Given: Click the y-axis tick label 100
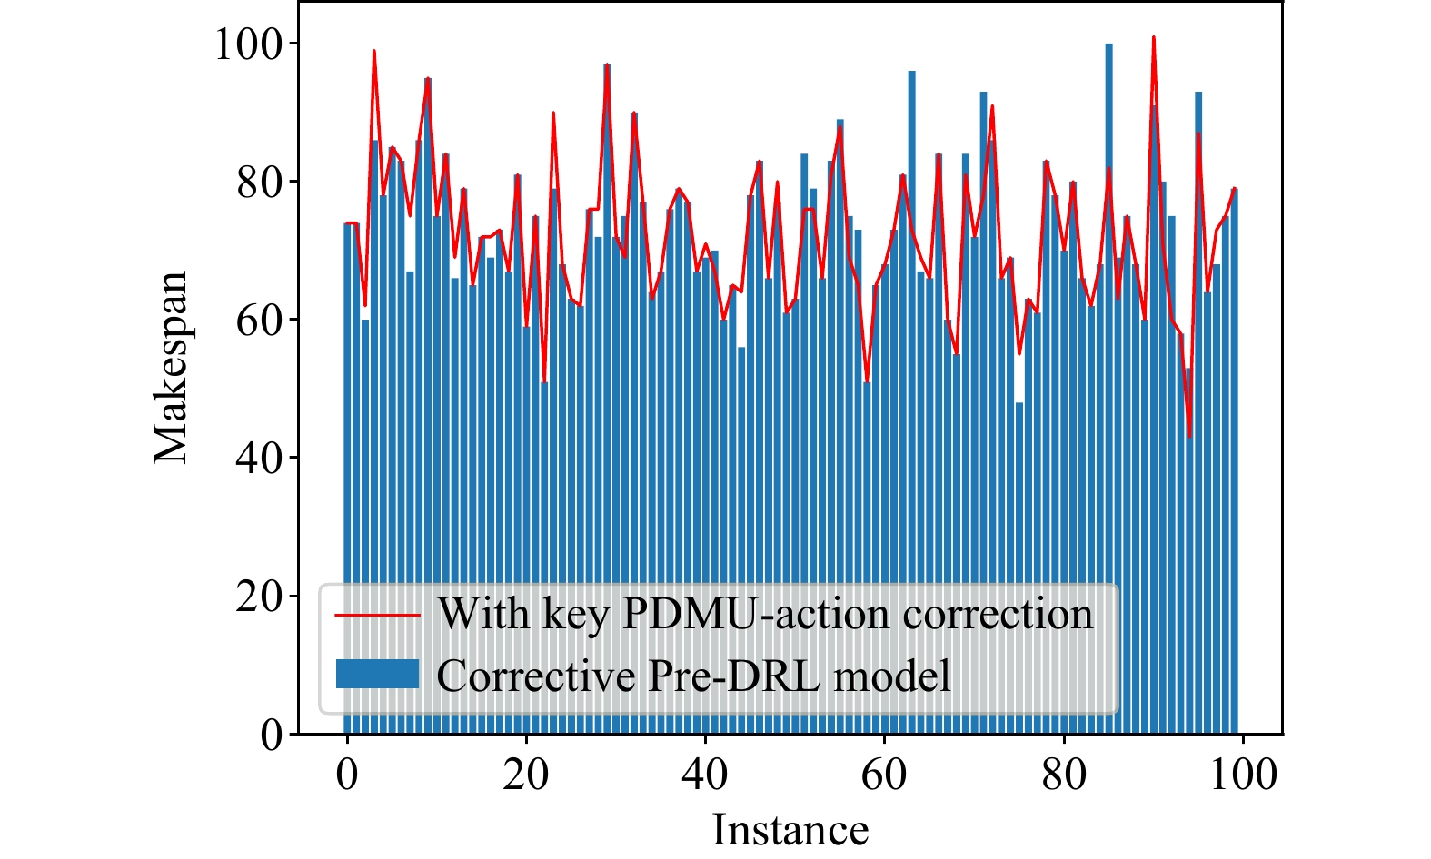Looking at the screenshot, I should click(x=247, y=44).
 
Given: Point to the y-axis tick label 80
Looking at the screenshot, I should click(x=259, y=183).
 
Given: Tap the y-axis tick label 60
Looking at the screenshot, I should click(x=259, y=321).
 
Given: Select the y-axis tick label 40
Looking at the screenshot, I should click(x=259, y=459).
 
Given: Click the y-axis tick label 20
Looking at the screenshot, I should click(x=259, y=597).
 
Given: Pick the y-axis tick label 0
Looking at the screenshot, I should click(x=272, y=735).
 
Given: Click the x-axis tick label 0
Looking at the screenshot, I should click(x=347, y=775).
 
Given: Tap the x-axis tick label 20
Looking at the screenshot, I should click(x=526, y=775).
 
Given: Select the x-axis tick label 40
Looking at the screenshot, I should click(x=705, y=775).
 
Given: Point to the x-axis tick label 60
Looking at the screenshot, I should click(x=884, y=775).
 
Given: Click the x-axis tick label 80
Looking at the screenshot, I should click(x=1063, y=775).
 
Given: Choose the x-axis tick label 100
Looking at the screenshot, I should click(x=1243, y=775).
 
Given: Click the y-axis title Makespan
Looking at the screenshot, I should click(x=171, y=367).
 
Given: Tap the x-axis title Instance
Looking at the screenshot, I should click(x=790, y=830).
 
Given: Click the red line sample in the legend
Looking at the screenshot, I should click(x=377, y=615).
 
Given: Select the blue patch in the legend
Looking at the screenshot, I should click(x=377, y=674).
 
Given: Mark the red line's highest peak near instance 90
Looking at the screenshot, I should click(x=1154, y=37).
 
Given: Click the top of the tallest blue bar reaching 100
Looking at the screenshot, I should click(x=1108, y=44).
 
